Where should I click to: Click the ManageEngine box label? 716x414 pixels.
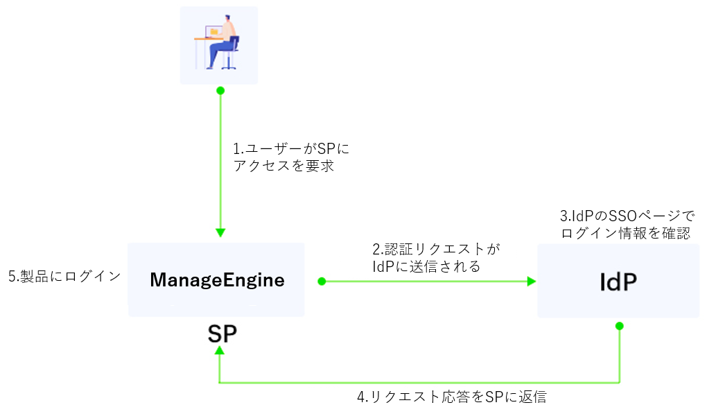coord(217,280)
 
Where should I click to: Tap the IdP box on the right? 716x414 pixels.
coord(618,281)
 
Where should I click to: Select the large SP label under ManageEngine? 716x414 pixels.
coord(222,334)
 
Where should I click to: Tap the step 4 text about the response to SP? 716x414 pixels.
coord(451,397)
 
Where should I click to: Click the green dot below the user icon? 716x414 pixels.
coord(220,91)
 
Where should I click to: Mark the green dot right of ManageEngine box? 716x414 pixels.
coord(322,281)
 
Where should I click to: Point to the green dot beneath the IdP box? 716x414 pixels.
coord(619,325)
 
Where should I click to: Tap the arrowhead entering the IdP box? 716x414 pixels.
coord(532,281)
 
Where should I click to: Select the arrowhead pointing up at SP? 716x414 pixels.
coord(220,351)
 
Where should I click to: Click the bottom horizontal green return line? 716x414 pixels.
coord(416,382)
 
